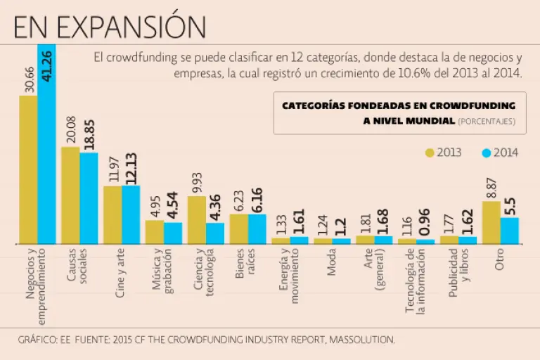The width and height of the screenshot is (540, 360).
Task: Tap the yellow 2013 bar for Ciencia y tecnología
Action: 196,219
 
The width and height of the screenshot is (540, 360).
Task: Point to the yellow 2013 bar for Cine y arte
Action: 112,214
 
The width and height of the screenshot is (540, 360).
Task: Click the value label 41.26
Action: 47,65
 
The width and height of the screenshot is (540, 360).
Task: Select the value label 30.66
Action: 27,73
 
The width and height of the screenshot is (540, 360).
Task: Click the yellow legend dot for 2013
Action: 430,153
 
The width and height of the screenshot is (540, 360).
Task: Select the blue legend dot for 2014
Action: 486,153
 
